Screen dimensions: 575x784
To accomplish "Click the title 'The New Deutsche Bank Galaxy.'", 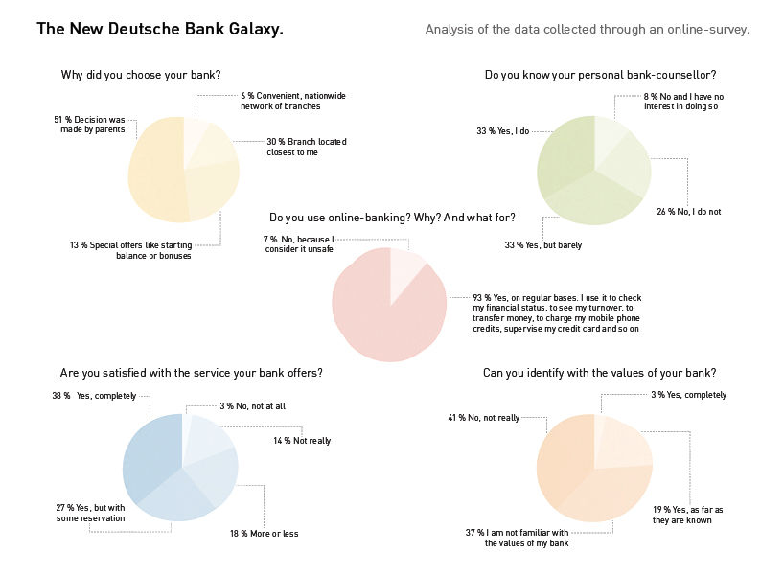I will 160,30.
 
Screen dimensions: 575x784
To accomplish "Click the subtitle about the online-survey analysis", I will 587,30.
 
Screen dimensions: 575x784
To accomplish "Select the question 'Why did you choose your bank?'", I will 141,75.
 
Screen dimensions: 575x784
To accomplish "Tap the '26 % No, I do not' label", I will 688,211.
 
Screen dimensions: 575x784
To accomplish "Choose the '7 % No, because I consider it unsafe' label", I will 299,243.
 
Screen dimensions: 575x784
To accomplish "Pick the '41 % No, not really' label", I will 483,418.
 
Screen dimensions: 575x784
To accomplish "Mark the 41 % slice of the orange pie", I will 565,460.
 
